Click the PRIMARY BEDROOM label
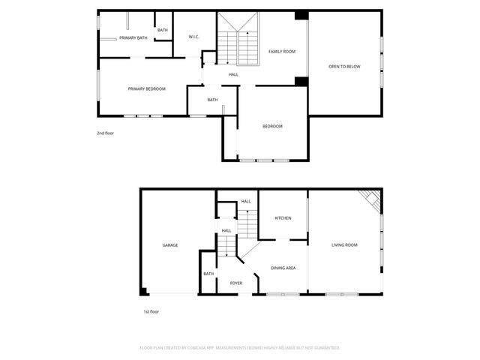146,88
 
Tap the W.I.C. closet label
193,36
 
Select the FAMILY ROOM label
282,51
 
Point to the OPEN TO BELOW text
344,67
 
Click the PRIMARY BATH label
133,37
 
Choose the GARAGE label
170,245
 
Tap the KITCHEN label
283,218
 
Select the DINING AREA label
283,268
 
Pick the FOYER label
235,283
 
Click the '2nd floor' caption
105,133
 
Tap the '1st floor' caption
151,311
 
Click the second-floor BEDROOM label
272,126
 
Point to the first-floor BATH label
208,274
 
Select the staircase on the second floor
238,49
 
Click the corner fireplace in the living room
371,199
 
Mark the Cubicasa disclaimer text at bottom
240,347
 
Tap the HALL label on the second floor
234,74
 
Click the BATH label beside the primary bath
163,30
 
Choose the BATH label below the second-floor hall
212,100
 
